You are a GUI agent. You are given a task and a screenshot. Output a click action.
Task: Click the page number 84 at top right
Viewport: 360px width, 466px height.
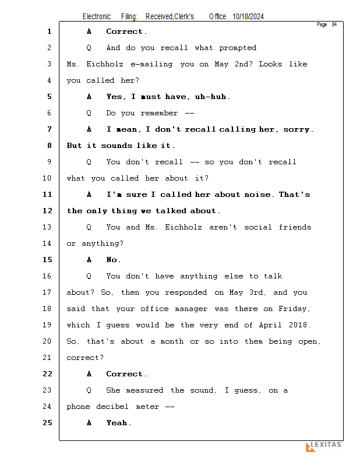[x=334, y=24]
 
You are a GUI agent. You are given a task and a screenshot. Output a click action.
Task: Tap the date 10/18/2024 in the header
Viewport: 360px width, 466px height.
[x=248, y=17]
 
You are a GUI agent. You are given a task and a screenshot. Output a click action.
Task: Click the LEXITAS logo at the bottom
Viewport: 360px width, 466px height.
[x=324, y=446]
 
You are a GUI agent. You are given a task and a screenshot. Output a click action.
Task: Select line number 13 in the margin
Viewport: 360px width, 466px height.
[x=48, y=227]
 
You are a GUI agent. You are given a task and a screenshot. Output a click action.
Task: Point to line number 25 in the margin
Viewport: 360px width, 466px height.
[x=48, y=423]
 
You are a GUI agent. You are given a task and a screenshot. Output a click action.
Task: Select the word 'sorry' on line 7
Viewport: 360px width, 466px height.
[x=297, y=129]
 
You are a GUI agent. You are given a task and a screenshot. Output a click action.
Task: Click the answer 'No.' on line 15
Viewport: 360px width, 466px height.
[x=114, y=260]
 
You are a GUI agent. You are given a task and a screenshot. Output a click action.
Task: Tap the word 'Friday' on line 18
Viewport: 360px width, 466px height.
[x=294, y=309]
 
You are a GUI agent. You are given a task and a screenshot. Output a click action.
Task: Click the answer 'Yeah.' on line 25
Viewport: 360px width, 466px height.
[x=118, y=423]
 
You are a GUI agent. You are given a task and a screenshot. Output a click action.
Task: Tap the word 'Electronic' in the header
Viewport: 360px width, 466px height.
[x=96, y=17]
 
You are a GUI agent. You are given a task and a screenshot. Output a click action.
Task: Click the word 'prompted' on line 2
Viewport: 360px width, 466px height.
[x=237, y=48]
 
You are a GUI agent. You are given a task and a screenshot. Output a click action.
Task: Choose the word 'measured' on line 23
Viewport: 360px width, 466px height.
[x=146, y=390]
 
